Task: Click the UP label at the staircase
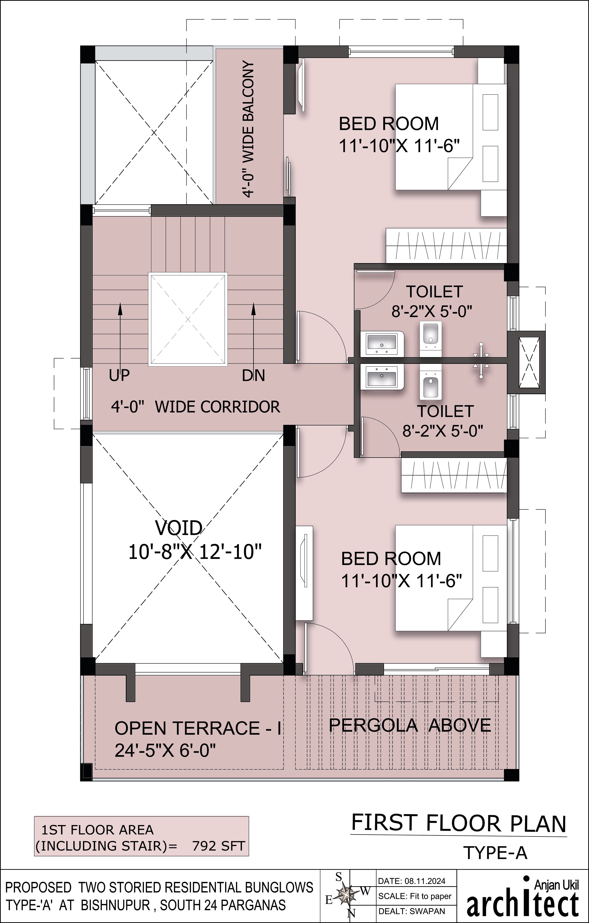(x=119, y=375)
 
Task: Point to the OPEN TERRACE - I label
(x=198, y=728)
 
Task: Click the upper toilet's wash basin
(x=381, y=343)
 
